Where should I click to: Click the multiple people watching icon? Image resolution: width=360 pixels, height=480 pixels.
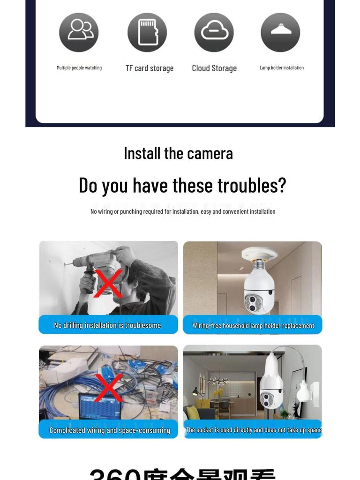point(79,32)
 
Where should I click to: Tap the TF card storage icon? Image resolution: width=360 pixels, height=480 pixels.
point(147,32)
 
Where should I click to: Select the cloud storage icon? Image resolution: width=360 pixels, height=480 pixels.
point(214,32)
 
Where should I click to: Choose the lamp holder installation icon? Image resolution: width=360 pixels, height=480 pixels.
point(280,32)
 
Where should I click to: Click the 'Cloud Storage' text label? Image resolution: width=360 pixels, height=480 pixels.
point(214,68)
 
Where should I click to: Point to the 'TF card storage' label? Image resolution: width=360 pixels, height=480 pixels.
point(150,68)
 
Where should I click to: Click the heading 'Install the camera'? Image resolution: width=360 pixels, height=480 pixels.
point(178,153)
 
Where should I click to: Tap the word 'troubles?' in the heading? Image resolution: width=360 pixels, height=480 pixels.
point(251,186)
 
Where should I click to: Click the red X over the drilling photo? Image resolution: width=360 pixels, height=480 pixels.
point(108,284)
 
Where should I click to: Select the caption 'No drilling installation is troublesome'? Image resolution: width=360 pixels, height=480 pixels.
point(107,325)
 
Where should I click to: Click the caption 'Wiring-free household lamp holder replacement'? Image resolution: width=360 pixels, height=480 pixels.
point(253,325)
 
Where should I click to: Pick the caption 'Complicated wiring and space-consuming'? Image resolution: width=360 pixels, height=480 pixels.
point(110,430)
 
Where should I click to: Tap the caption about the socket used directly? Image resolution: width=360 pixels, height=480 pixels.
point(254,430)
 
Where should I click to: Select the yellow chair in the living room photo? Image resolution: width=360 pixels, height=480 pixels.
point(193,412)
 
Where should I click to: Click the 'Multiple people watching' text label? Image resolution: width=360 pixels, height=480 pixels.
point(79,68)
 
